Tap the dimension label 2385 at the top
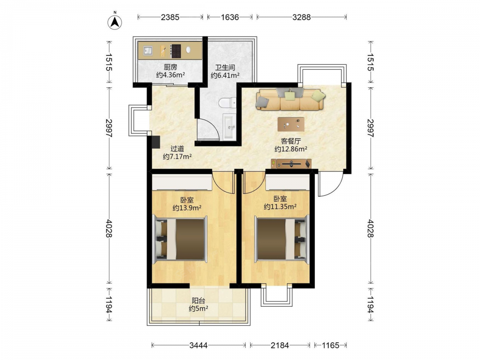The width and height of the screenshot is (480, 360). (x=170, y=17)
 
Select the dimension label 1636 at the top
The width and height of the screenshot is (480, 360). (x=229, y=17)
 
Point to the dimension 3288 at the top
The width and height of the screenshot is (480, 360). (x=301, y=17)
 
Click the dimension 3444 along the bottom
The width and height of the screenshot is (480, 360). (x=198, y=346)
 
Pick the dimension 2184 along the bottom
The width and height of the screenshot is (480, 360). (x=280, y=346)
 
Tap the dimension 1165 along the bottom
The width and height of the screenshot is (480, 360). (x=331, y=346)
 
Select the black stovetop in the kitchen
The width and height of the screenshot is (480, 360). (x=176, y=51)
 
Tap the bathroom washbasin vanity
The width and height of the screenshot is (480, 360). (x=229, y=126)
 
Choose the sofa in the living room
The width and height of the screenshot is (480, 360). (x=290, y=99)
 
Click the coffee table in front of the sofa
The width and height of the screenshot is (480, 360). (x=291, y=124)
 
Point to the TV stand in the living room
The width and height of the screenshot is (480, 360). (x=291, y=164)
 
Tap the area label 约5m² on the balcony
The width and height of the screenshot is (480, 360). (x=198, y=309)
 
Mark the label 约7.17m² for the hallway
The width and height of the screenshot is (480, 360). (x=177, y=157)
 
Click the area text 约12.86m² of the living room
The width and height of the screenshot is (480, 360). (x=291, y=149)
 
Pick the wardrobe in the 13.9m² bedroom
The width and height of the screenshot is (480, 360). (x=182, y=182)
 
